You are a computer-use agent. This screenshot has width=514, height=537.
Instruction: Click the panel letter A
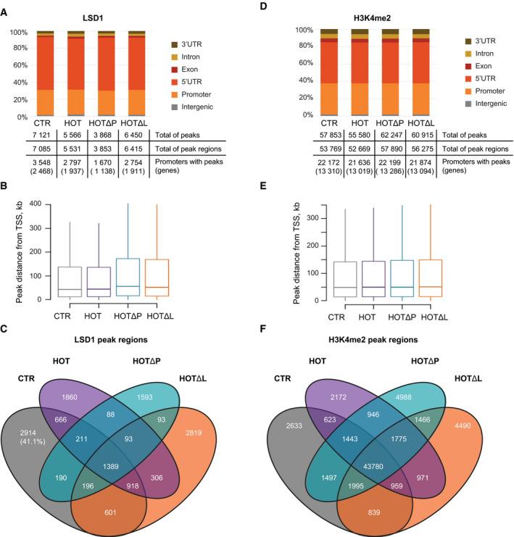point(7,7)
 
